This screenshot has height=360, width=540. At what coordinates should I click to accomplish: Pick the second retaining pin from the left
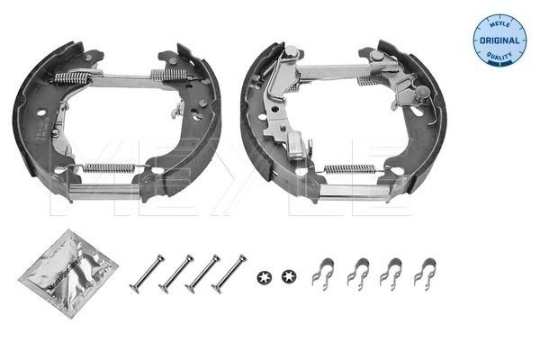pos(176,273)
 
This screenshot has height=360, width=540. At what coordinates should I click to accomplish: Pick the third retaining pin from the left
pos(202,273)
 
